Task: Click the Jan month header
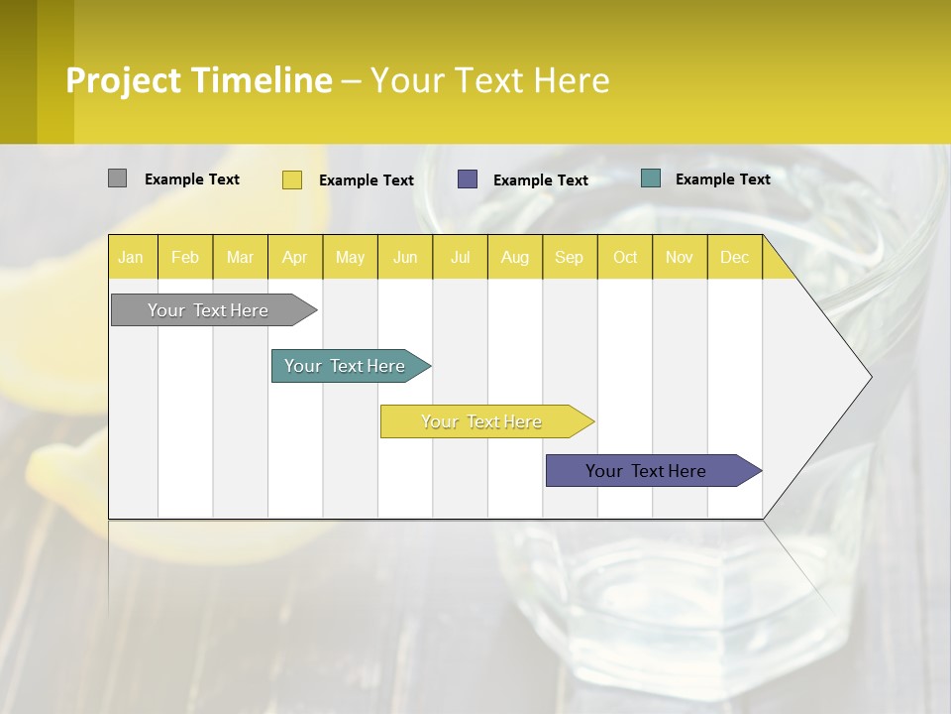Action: [132, 258]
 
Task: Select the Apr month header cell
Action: [295, 258]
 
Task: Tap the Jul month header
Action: [461, 258]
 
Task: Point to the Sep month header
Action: [570, 258]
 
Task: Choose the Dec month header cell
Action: [735, 258]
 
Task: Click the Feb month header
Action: [185, 258]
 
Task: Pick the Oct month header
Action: [625, 258]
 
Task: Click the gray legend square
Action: [117, 178]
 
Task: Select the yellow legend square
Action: [292, 179]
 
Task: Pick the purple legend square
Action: [468, 179]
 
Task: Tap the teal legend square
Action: [651, 178]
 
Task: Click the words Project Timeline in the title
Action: [199, 80]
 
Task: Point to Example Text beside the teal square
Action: [722, 179]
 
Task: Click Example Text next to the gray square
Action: [191, 179]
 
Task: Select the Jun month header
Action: [405, 258]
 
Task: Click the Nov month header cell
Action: [680, 258]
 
